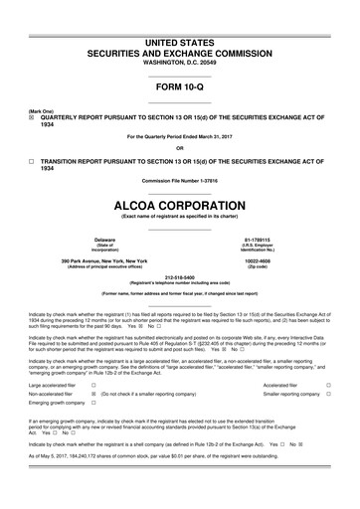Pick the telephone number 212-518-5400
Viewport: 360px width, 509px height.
click(179, 277)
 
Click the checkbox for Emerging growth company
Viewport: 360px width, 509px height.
click(93, 406)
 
